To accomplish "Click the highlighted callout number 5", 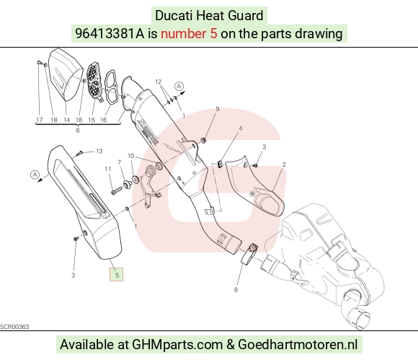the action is (x=117, y=274).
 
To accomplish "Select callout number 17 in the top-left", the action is (x=39, y=120).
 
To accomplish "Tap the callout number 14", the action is (x=66, y=120).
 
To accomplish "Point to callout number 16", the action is (x=104, y=120).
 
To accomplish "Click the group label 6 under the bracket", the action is (x=78, y=131).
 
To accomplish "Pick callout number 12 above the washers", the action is (x=158, y=82).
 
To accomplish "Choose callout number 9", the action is (x=218, y=109).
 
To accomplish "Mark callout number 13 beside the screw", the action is (x=99, y=151).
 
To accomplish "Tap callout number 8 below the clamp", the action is (x=236, y=289).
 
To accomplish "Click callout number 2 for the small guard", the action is (x=284, y=164).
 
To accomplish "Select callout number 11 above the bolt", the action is (x=107, y=169).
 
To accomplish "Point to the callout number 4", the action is (x=241, y=128).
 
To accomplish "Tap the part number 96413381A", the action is (x=110, y=34).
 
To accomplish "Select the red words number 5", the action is (x=189, y=34).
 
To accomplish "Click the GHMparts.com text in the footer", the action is (x=177, y=345).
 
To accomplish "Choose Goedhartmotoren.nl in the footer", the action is (x=298, y=345).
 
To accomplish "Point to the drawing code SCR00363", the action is (x=14, y=327).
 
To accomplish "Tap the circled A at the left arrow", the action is (x=35, y=175).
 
